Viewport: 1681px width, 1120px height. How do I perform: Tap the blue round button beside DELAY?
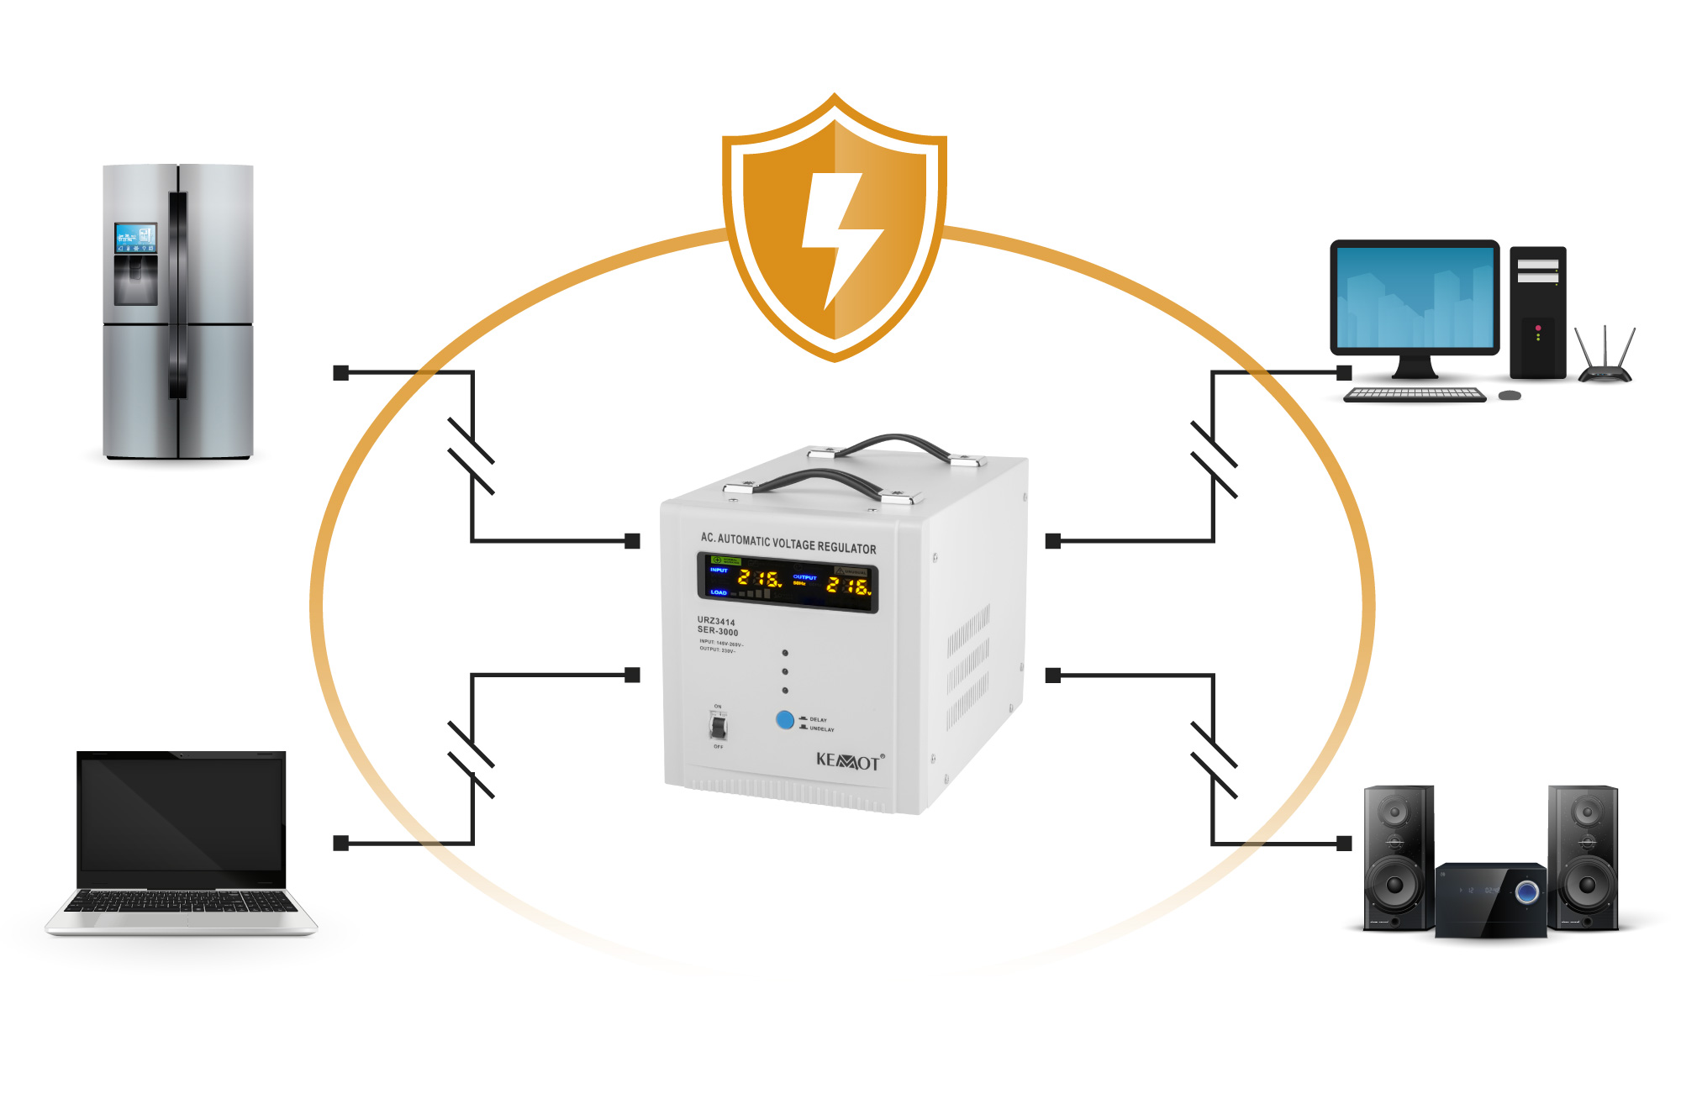785,720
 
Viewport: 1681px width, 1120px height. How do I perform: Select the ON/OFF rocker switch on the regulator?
719,726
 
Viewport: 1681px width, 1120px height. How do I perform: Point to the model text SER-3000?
718,631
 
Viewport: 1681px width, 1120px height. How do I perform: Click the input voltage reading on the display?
759,578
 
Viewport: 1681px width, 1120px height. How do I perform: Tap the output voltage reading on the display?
847,586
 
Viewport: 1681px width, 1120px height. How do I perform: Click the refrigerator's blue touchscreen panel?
135,238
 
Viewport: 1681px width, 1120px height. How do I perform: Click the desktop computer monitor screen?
1415,297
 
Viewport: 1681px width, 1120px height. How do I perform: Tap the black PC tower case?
1537,313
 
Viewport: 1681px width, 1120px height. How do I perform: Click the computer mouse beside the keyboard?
1510,395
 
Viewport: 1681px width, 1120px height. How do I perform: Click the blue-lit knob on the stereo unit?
1526,891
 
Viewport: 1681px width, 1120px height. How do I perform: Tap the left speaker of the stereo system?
1397,857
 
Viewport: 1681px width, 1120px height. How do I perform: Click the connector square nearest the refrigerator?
340,372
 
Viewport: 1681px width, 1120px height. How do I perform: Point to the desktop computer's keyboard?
1414,394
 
